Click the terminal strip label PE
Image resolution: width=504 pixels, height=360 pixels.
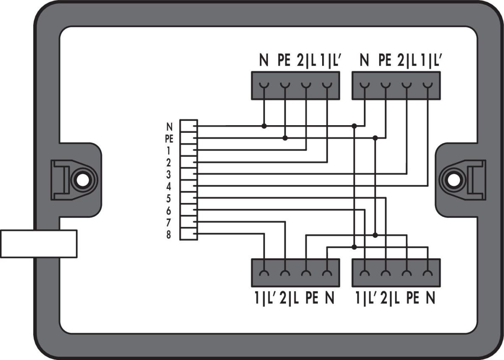(x=169, y=138)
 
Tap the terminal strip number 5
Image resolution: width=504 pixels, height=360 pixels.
(x=169, y=198)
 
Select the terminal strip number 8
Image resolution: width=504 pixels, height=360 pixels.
(x=169, y=235)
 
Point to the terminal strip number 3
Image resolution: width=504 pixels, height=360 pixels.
(x=169, y=174)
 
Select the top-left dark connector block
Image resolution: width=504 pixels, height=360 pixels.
(x=295, y=86)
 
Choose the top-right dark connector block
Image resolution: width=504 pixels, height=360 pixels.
(x=396, y=86)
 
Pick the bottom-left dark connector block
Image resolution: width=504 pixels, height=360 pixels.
(x=295, y=273)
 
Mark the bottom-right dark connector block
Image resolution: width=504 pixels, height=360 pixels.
(x=396, y=273)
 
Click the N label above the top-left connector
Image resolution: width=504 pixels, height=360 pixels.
(x=264, y=61)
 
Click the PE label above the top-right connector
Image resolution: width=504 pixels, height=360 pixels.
(x=384, y=61)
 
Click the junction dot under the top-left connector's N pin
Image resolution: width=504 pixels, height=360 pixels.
(x=264, y=126)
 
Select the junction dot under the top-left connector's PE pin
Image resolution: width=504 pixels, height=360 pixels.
(x=285, y=138)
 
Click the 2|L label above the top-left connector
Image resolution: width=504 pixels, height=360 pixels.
(x=306, y=61)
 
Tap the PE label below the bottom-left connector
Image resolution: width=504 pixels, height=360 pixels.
(x=312, y=299)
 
